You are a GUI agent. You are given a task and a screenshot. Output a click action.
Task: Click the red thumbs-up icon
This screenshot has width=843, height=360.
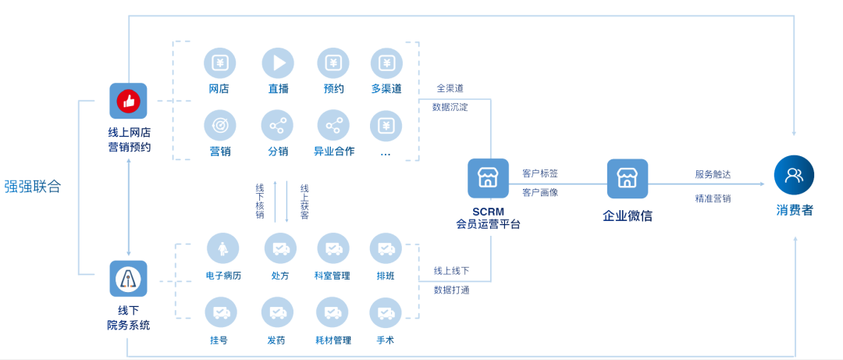(x=128, y=101)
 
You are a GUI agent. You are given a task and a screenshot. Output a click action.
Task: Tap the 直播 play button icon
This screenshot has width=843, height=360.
(x=278, y=63)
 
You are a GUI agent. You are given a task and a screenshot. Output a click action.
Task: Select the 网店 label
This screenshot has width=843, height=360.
(x=219, y=88)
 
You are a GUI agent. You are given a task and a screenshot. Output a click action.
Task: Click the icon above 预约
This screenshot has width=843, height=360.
(x=333, y=63)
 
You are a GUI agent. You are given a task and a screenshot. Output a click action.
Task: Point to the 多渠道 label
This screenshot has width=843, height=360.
(x=386, y=88)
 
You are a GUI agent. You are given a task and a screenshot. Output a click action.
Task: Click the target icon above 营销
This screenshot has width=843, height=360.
(x=220, y=125)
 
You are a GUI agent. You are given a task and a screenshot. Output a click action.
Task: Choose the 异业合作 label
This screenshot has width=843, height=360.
(x=334, y=151)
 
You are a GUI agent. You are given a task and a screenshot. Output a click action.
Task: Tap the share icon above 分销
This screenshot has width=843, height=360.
(x=278, y=125)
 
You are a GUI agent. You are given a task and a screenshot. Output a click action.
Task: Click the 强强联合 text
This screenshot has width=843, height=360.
(x=32, y=187)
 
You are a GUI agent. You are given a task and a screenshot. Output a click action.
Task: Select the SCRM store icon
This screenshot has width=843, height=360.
(x=488, y=178)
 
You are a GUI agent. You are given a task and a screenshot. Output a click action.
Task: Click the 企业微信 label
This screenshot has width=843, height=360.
(x=627, y=216)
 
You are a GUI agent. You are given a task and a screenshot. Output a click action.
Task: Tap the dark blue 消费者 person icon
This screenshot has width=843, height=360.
(x=794, y=175)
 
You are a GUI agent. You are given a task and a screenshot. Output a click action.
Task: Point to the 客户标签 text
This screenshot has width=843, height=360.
(x=540, y=173)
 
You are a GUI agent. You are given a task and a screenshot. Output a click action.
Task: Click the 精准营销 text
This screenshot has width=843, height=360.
(x=713, y=198)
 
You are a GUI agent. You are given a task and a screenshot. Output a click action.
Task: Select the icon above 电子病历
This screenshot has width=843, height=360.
(x=222, y=248)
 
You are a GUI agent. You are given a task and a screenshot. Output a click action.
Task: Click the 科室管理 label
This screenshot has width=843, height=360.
(x=333, y=276)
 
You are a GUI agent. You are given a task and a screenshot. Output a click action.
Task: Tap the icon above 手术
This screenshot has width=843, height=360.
(x=386, y=312)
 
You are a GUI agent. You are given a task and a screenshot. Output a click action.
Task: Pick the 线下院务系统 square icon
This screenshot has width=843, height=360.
(x=128, y=279)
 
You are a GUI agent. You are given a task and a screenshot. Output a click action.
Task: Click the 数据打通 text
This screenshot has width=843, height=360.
(x=451, y=290)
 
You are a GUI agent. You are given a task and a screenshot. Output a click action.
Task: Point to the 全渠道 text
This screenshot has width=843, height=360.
(x=450, y=88)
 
